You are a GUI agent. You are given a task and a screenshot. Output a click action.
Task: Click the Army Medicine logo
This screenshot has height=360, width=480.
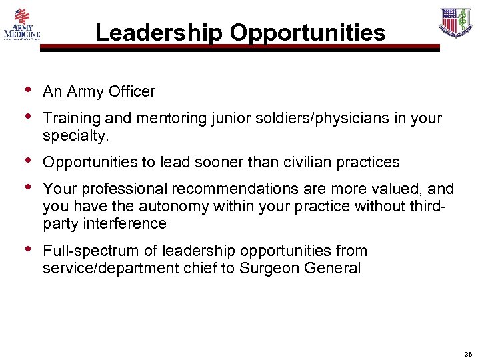(x=22, y=25)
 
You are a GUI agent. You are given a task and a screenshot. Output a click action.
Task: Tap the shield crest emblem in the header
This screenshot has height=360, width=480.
(x=455, y=23)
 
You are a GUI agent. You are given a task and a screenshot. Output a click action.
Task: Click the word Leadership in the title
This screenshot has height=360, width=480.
(x=156, y=33)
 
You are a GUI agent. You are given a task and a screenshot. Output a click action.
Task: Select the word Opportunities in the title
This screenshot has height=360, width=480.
(x=304, y=33)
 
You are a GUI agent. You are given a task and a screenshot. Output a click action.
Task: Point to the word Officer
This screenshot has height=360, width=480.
(x=133, y=91)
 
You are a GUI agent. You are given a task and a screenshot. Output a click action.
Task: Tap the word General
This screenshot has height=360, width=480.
(x=337, y=269)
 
